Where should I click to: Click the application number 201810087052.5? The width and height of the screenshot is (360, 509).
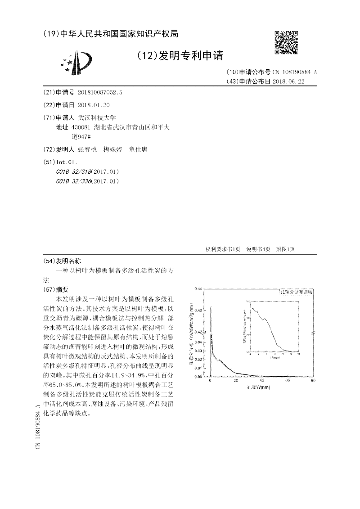click(x=100, y=92)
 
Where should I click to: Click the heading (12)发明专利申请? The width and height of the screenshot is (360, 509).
click(x=179, y=55)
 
